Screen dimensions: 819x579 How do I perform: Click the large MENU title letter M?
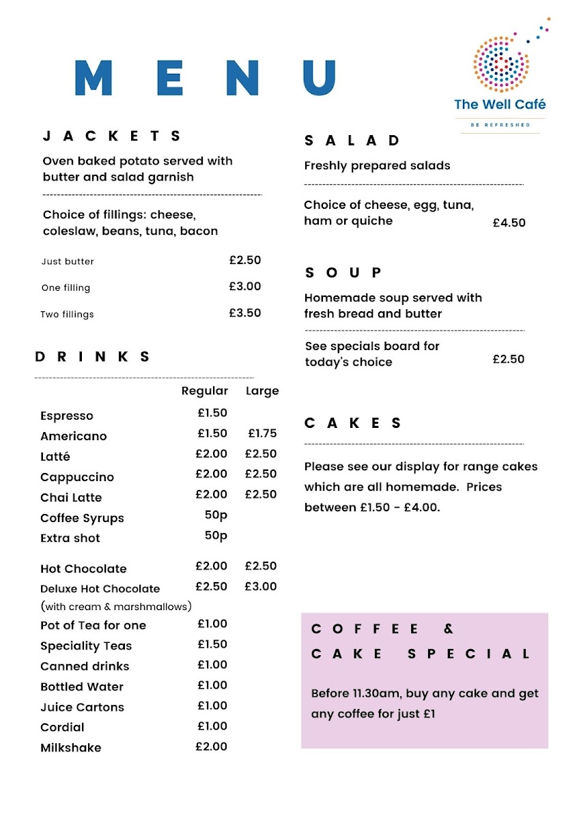tap(93, 78)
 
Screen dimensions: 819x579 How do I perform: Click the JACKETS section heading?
tap(112, 136)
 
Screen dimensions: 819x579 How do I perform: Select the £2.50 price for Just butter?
tap(245, 260)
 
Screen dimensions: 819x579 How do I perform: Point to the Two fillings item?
tap(67, 315)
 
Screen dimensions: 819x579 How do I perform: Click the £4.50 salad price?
tap(509, 222)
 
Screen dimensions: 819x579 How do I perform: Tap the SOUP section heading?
tap(343, 272)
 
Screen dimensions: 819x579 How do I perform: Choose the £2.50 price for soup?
tap(509, 359)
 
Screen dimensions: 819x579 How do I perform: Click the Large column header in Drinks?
tap(262, 391)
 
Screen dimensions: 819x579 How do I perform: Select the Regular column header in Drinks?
tap(205, 391)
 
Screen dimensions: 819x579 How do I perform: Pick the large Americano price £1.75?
tap(262, 433)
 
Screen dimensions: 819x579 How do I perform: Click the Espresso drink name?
tap(67, 416)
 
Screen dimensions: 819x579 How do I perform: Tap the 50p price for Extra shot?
tap(216, 536)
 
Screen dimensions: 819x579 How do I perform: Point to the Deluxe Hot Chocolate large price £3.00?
tap(261, 586)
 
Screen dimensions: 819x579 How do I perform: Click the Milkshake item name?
tap(71, 747)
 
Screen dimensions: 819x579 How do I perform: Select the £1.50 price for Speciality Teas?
tap(212, 644)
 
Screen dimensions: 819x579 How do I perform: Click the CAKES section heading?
tap(353, 423)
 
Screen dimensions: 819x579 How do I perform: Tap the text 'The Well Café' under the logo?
tap(500, 104)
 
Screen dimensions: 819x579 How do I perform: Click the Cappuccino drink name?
tap(77, 477)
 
